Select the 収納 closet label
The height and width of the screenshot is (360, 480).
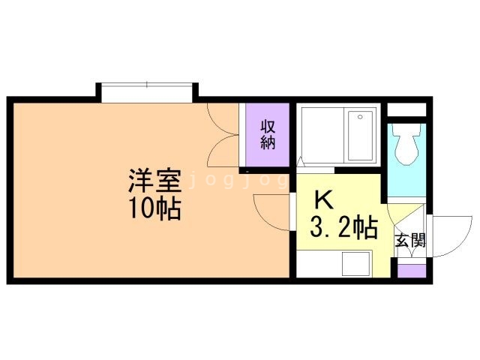pyautogui.click(x=268, y=135)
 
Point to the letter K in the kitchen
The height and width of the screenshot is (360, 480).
pyautogui.click(x=322, y=199)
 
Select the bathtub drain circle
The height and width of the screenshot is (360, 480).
pyautogui.click(x=359, y=117)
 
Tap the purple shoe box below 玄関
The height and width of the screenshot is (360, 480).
pyautogui.click(x=410, y=268)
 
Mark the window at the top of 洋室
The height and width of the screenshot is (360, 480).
pyautogui.click(x=147, y=91)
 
